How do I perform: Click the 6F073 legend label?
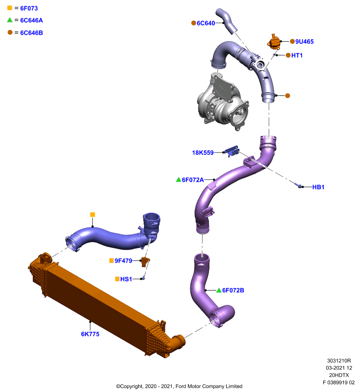click(x=29, y=8)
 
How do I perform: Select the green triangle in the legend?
click(x=10, y=20)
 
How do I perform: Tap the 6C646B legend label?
click(x=31, y=33)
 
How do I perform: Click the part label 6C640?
click(x=206, y=23)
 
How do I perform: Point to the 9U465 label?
click(x=305, y=42)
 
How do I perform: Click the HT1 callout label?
click(x=297, y=55)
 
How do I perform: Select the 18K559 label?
click(x=203, y=152)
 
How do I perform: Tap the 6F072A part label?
click(x=193, y=180)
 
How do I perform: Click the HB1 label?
click(x=318, y=187)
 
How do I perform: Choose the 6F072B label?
click(x=233, y=290)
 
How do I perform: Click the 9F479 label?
click(x=123, y=261)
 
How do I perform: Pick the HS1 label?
click(x=126, y=279)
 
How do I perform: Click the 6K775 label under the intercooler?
click(x=90, y=334)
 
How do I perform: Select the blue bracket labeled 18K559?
click(x=231, y=151)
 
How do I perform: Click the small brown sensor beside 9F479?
click(x=145, y=262)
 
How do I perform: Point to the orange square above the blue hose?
click(x=93, y=215)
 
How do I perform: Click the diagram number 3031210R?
click(x=339, y=361)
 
